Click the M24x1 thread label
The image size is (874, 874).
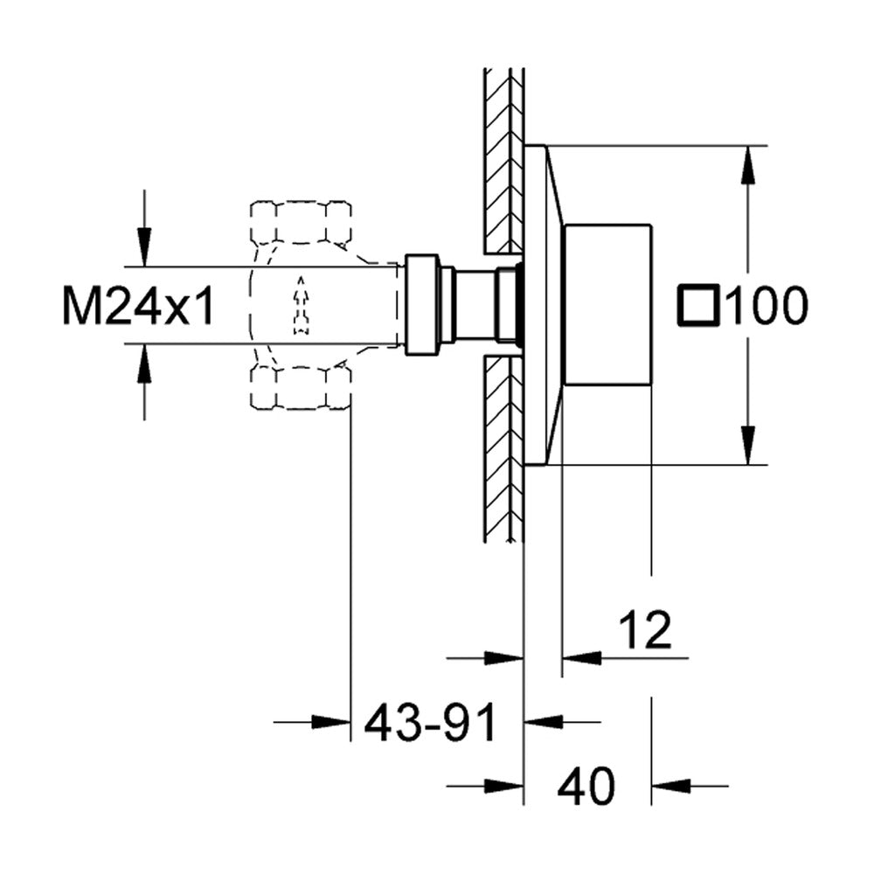tap(138, 305)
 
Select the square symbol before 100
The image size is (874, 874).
tap(698, 305)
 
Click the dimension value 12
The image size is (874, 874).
tap(646, 629)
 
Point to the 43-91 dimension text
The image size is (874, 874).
tap(430, 722)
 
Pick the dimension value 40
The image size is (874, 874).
tap(586, 786)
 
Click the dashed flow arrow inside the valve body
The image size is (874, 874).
tap(301, 305)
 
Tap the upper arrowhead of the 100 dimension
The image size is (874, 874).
tap(748, 164)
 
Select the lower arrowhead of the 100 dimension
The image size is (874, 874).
tap(748, 446)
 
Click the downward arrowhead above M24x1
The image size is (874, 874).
tap(144, 247)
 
